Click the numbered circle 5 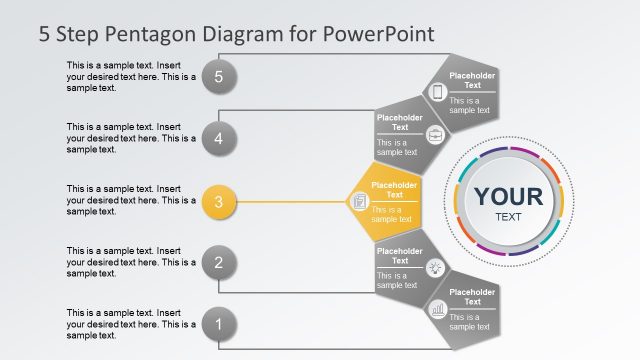pos(218,76)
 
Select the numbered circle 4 pos(218,138)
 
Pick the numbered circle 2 pos(218,263)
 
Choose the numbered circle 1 pos(218,324)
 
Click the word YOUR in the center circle pos(508,196)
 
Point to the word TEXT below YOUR pos(508,217)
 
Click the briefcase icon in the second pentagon pos(433,135)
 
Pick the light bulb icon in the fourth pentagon pos(434,267)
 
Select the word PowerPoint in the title pos(379,34)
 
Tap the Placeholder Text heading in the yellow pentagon pos(394,189)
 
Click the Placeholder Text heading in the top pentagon pos(472,80)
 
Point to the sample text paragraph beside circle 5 pos(130,77)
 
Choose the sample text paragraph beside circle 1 pos(130,324)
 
